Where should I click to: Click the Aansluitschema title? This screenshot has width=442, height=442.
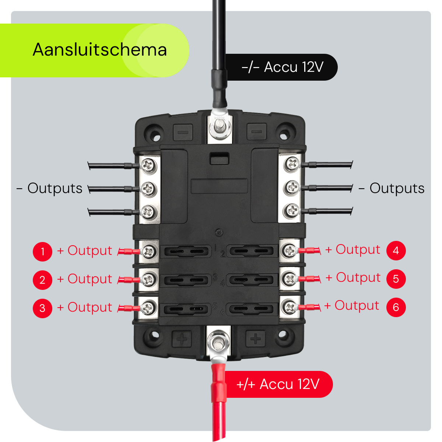pyautogui.click(x=99, y=50)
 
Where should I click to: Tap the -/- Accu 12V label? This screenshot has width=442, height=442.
pyautogui.click(x=283, y=67)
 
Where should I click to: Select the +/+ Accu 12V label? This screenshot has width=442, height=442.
pyautogui.click(x=278, y=384)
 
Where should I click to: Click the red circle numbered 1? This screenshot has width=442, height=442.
pyautogui.click(x=42, y=252)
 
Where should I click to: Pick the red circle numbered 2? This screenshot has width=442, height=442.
pyautogui.click(x=42, y=280)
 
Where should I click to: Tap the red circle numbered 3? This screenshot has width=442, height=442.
pyautogui.click(x=42, y=308)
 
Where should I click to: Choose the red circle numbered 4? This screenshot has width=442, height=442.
pyautogui.click(x=396, y=251)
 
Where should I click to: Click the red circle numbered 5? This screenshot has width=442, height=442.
pyautogui.click(x=396, y=279)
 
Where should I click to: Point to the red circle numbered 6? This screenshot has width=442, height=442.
pyautogui.click(x=396, y=307)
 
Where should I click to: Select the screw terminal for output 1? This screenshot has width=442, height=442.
pyautogui.click(x=149, y=252)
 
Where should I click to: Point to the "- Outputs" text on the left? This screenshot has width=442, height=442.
pyautogui.click(x=50, y=188)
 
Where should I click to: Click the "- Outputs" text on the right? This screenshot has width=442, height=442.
pyautogui.click(x=392, y=188)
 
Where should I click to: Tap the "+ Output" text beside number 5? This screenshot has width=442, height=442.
pyautogui.click(x=353, y=278)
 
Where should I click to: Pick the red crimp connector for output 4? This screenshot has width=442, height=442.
pyautogui.click(x=309, y=251)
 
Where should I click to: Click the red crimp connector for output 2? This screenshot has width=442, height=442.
pyautogui.click(x=129, y=280)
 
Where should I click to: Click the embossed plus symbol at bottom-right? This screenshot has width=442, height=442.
pyautogui.click(x=255, y=338)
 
